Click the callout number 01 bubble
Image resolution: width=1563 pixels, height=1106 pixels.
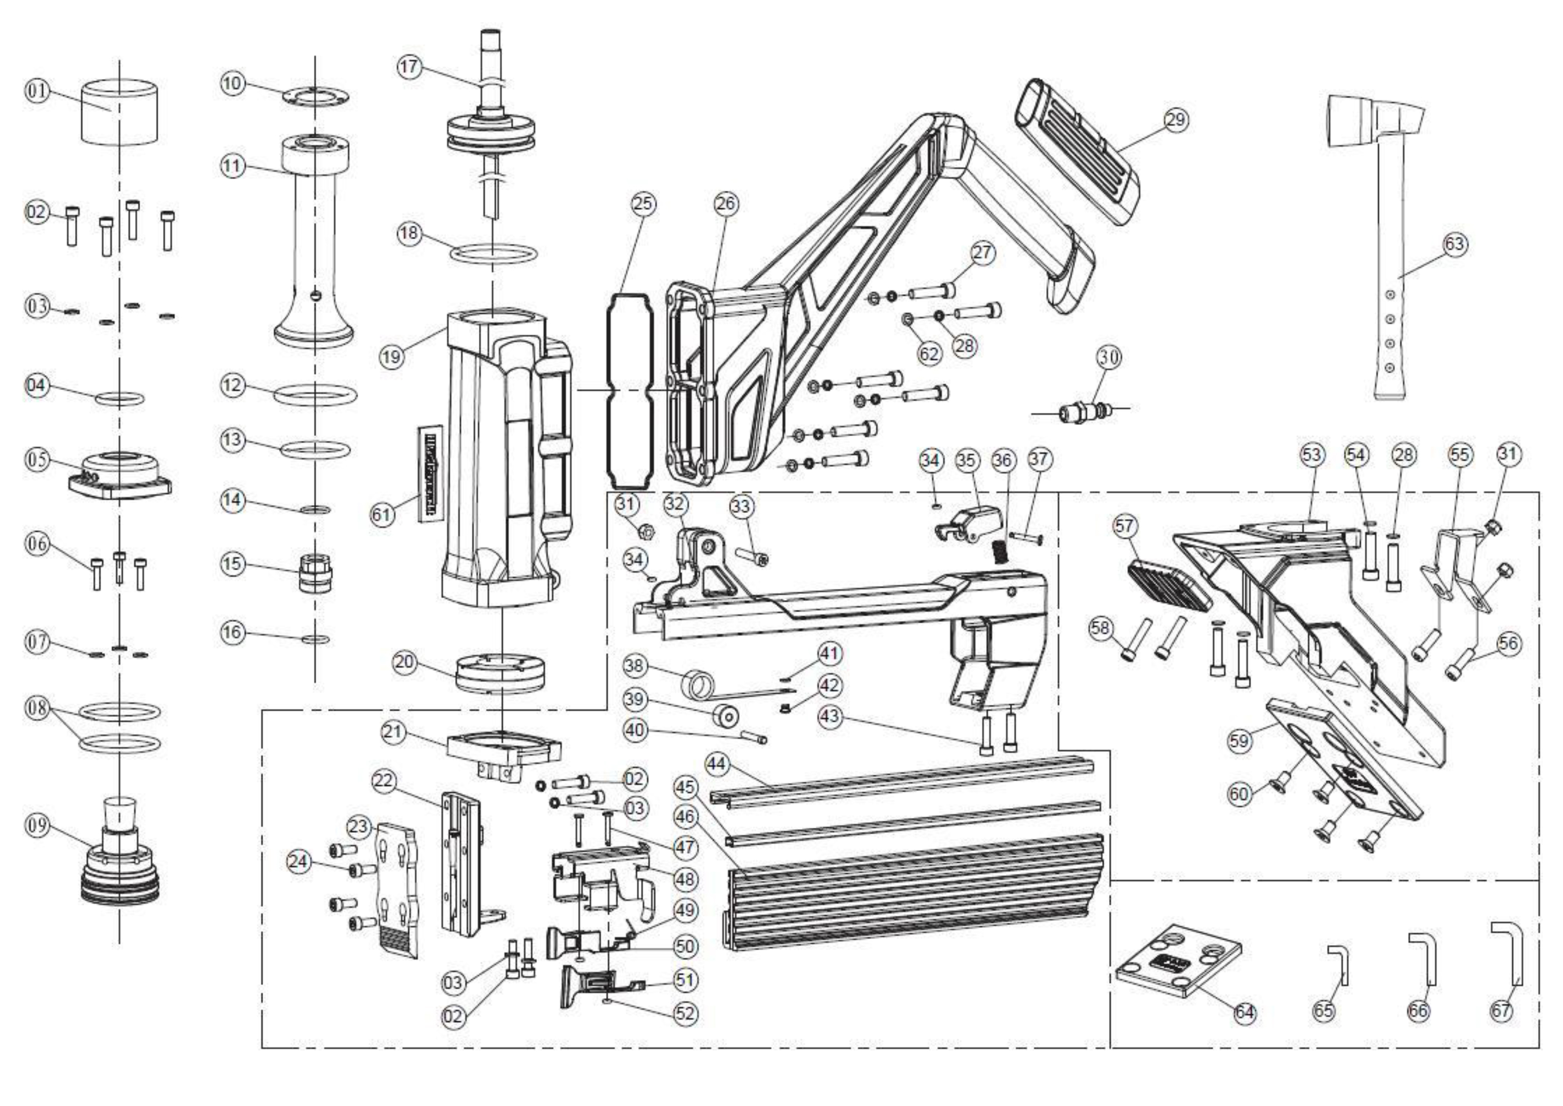click(x=37, y=91)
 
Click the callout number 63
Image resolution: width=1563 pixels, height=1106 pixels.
click(x=1454, y=244)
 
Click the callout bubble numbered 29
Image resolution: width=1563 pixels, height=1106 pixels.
click(x=1175, y=120)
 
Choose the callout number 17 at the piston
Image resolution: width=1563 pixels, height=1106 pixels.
click(x=409, y=67)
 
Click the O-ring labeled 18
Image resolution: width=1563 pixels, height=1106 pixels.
click(x=493, y=253)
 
